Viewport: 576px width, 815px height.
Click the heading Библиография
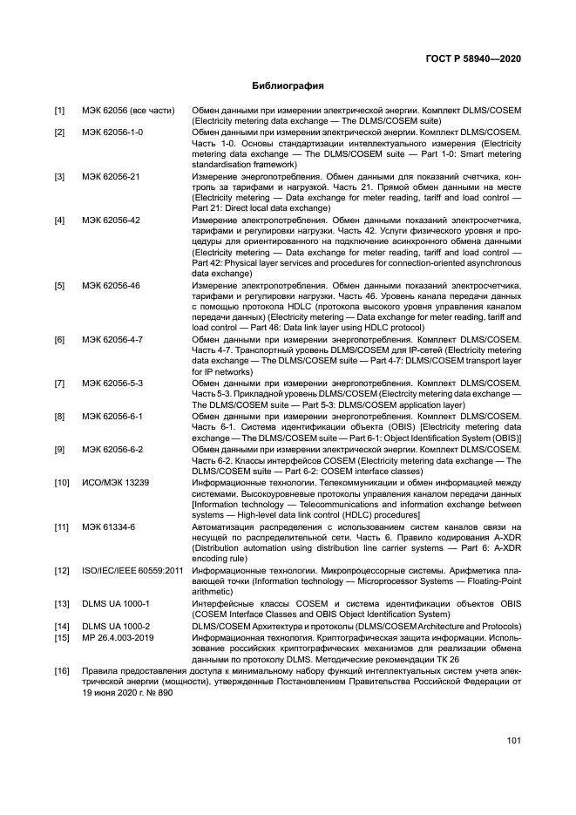288,86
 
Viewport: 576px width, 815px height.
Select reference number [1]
60,111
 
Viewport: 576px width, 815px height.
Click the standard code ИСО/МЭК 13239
115,482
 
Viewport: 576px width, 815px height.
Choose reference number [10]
62,482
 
